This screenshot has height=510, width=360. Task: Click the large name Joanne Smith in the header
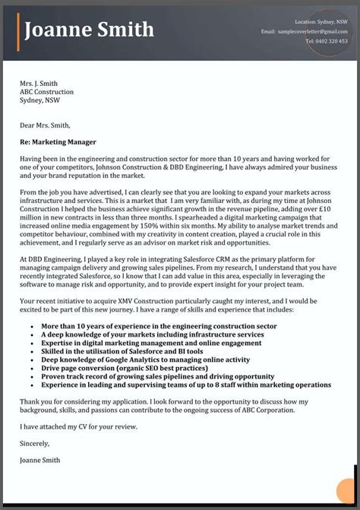click(x=90, y=30)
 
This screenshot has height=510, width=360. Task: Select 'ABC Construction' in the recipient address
click(x=48, y=91)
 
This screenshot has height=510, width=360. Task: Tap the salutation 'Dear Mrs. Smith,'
click(x=46, y=125)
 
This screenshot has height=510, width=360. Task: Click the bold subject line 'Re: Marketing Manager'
click(x=58, y=141)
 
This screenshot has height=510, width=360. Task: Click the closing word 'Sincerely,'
click(x=35, y=443)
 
